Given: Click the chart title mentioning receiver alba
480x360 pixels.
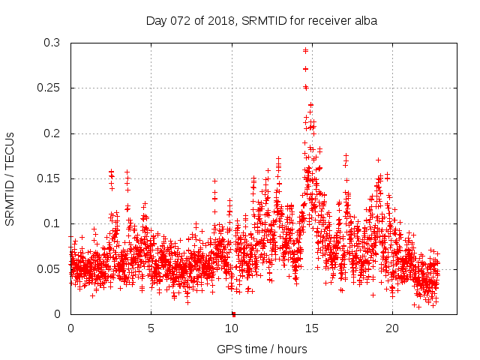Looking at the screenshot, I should click(x=261, y=21).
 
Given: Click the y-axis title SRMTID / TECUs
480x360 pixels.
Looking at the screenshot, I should click(x=10, y=178).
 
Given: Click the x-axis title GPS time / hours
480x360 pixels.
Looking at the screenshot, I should click(x=262, y=349).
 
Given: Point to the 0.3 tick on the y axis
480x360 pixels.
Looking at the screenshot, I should click(x=52, y=43).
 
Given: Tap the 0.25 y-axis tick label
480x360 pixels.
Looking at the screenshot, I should click(x=49, y=88).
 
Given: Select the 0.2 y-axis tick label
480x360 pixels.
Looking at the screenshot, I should click(x=52, y=133).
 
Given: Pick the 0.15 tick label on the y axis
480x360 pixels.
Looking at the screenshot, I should click(x=49, y=178).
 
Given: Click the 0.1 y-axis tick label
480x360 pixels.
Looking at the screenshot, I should click(x=52, y=223).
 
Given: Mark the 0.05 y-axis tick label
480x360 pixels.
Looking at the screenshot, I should click(x=49, y=268).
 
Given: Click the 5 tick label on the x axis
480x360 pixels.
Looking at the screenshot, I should click(x=151, y=328).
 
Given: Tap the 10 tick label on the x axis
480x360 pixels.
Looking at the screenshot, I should click(x=232, y=328).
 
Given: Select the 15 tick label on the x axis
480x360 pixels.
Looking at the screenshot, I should click(x=312, y=328).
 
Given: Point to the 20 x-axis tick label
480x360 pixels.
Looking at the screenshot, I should click(x=392, y=328).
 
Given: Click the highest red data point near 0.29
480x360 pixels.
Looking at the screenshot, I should click(x=305, y=50).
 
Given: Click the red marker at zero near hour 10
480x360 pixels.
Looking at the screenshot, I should click(x=233, y=313).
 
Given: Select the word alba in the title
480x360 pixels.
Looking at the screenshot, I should click(x=364, y=21).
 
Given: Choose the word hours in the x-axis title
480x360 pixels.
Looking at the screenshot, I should click(x=291, y=349).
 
